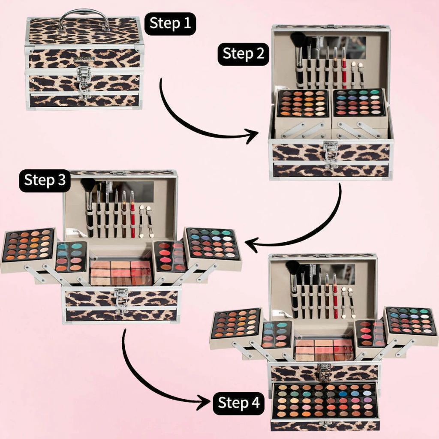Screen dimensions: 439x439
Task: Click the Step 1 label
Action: [170, 24]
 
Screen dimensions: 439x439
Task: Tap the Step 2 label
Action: [244, 54]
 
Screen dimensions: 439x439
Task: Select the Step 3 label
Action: [45, 180]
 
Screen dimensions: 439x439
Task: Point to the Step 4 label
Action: [239, 403]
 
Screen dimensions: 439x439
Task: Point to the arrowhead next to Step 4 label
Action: [204, 403]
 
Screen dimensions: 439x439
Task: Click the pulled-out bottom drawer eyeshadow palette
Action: [325, 401]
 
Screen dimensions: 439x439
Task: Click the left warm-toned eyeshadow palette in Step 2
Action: [302, 104]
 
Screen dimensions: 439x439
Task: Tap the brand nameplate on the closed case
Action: [85, 58]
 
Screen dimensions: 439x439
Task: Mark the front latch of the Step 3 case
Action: [121, 301]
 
